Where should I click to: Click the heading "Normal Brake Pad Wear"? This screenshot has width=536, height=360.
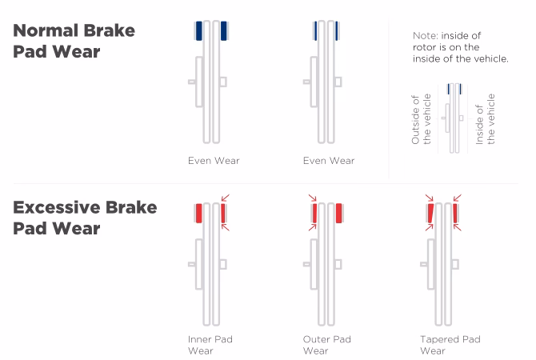74,41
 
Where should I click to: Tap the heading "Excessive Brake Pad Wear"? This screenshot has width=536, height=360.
84,218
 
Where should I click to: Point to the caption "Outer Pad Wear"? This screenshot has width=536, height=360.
326,345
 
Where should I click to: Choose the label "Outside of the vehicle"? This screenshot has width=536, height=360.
421,119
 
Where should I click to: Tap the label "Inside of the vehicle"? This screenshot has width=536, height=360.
485,119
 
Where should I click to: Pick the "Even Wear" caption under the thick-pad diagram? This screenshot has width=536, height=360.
214,161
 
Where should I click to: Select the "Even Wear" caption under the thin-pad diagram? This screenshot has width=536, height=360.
329,161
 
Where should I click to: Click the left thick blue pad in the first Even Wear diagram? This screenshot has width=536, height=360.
198,31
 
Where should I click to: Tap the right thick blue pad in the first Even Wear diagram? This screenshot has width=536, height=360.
224,31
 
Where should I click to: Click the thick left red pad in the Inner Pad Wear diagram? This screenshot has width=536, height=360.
198,213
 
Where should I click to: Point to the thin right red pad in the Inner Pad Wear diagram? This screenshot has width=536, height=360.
223,213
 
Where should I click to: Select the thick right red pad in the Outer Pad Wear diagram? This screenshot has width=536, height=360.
339,213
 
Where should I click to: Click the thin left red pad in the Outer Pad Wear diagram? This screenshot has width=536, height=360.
315,213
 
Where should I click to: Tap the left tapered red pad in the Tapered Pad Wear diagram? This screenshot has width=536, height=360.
431,213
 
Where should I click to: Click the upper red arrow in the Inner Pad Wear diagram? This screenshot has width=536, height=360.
226,198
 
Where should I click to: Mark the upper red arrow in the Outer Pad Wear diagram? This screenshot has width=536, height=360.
311,198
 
